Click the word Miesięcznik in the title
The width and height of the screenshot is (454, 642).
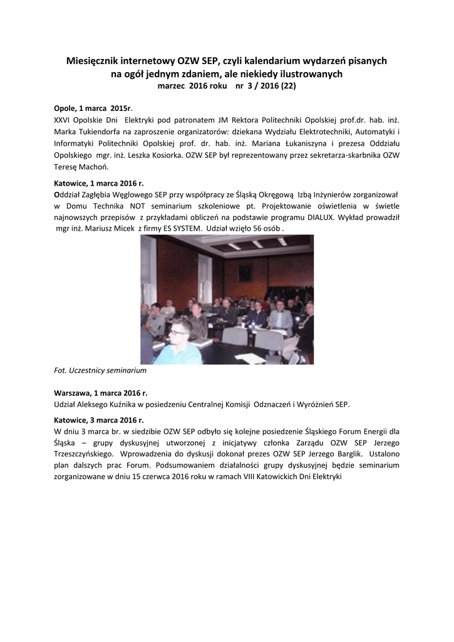click(92, 61)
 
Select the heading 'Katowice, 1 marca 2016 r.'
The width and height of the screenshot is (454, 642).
click(99, 183)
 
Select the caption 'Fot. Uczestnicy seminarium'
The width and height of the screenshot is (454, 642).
click(100, 371)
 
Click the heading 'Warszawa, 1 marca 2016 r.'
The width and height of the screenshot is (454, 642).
click(101, 393)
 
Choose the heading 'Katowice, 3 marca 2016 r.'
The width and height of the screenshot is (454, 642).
click(99, 420)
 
